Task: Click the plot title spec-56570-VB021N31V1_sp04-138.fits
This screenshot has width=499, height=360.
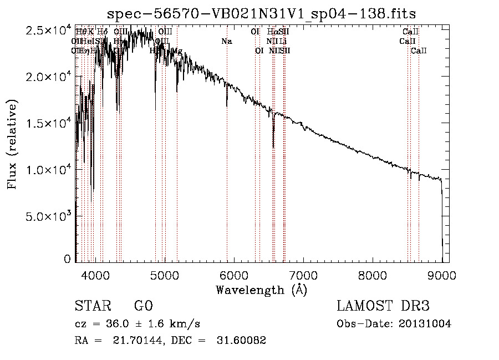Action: click(262, 13)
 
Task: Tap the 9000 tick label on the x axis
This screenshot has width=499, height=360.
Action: click(441, 274)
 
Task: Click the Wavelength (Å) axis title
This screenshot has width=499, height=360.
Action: click(261, 290)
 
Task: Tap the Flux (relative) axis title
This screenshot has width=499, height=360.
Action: click(12, 144)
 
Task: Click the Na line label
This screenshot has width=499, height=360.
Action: click(226, 41)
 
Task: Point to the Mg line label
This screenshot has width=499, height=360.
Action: click(177, 51)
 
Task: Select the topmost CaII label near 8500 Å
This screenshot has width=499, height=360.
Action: click(410, 32)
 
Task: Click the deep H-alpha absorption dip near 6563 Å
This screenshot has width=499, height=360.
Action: click(273, 145)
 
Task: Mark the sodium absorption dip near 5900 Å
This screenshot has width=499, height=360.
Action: click(227, 104)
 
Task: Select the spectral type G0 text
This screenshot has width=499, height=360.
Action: click(143, 306)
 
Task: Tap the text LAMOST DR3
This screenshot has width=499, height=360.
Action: click(383, 306)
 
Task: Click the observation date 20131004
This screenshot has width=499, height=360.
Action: click(424, 324)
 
